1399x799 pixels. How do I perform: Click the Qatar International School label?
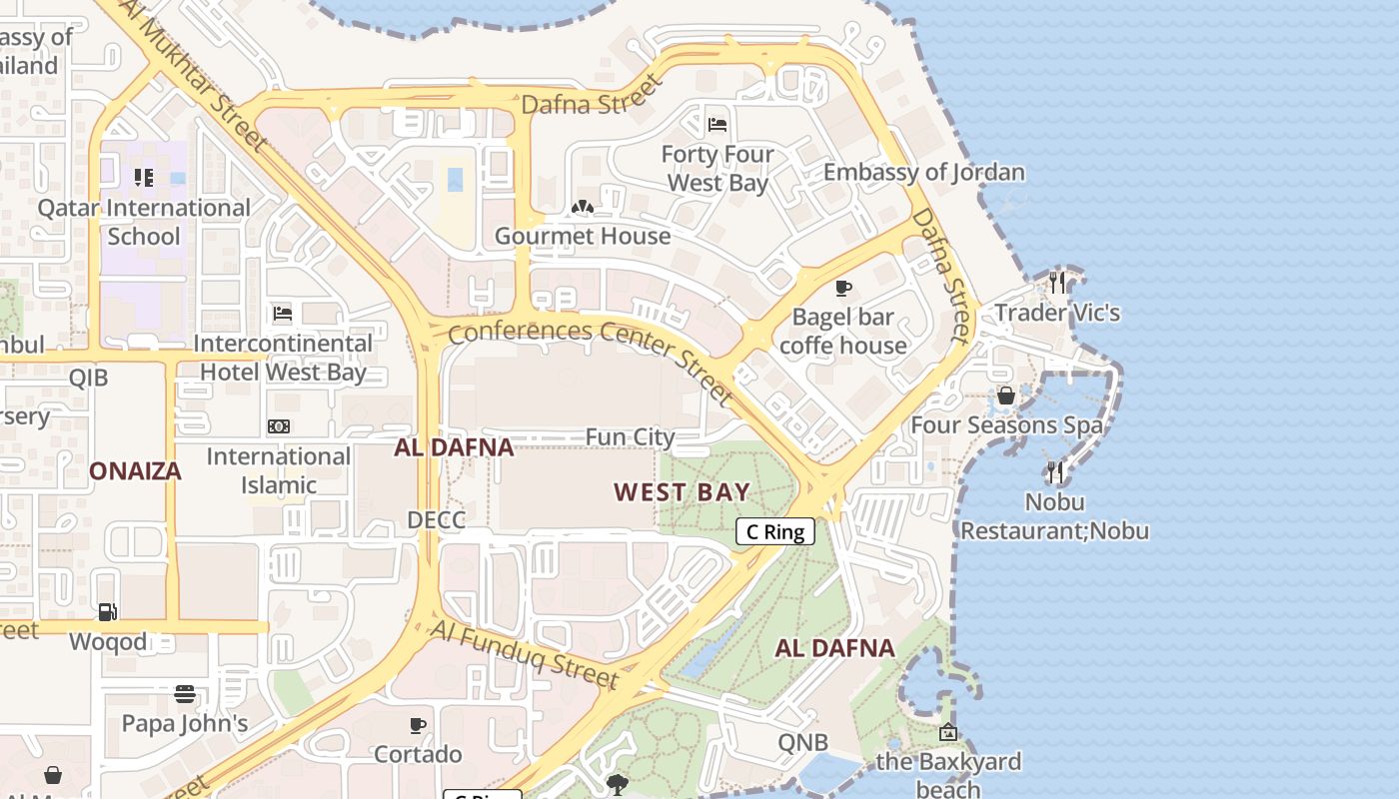[x=144, y=222]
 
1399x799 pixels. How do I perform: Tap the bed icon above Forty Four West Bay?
[x=717, y=125]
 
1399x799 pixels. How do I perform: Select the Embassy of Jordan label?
[x=923, y=172]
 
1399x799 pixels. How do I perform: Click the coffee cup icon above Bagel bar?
[x=843, y=289]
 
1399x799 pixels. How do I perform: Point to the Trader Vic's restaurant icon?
[x=1056, y=284]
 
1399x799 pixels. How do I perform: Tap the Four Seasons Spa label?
[x=1006, y=425]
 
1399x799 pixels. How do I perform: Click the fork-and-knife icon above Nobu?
[x=1054, y=472]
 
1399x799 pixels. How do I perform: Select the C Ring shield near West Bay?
[x=775, y=531]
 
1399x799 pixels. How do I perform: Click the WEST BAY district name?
[x=682, y=491]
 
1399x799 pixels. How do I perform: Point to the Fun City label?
[x=630, y=437]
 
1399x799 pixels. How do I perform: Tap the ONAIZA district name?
[x=135, y=471]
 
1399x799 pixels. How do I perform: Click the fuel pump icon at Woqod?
[x=107, y=612]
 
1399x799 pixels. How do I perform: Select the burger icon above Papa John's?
[x=184, y=694]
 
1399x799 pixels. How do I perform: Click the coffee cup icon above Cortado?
[x=418, y=725]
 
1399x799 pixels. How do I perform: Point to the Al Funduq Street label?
[x=525, y=655]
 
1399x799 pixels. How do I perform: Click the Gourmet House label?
[x=583, y=236]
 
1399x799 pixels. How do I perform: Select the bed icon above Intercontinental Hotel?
[x=282, y=314]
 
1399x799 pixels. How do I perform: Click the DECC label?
[x=436, y=520]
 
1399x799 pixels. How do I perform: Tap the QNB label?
[x=803, y=742]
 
